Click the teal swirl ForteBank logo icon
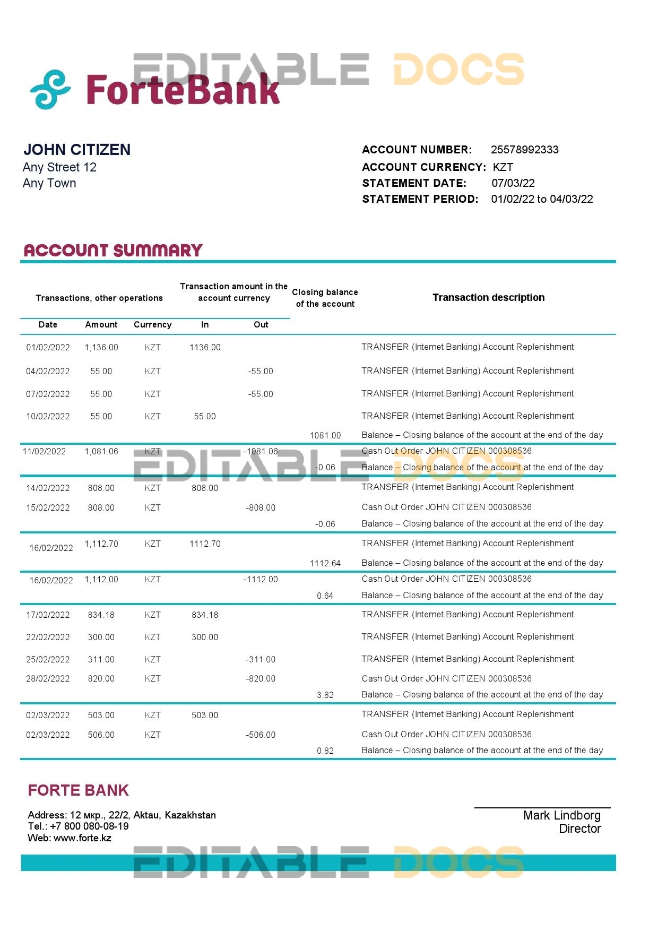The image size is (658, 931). click(50, 89)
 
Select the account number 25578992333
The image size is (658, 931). click(524, 150)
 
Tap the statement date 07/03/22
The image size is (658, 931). click(513, 183)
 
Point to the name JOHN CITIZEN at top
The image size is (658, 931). click(77, 150)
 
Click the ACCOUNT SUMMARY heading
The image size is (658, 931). click(113, 251)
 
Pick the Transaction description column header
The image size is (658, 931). click(488, 298)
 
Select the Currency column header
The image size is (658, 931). click(152, 325)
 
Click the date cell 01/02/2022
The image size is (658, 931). click(48, 348)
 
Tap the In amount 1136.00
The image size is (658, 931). click(205, 348)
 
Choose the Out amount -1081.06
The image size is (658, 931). click(261, 452)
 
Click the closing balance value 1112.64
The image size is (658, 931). click(325, 564)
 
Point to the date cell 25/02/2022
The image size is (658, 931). click(48, 660)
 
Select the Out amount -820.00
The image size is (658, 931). click(261, 679)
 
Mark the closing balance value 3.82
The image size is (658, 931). click(325, 695)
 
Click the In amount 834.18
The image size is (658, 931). click(205, 615)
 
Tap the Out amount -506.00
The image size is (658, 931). click(261, 735)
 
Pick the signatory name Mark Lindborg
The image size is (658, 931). click(561, 816)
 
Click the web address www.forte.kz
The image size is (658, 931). click(82, 838)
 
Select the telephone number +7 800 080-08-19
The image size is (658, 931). click(89, 826)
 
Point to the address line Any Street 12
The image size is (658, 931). click(59, 168)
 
